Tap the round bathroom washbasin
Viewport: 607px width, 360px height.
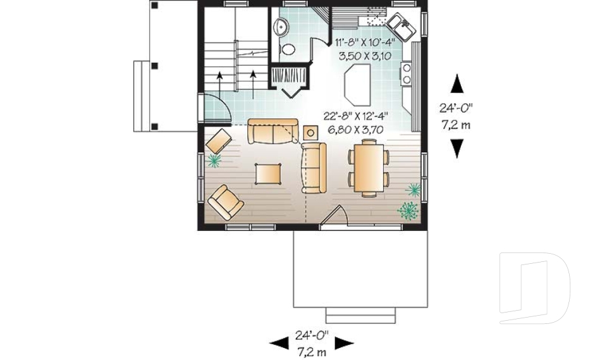(x=281, y=27)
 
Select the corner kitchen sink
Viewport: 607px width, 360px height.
(x=401, y=26)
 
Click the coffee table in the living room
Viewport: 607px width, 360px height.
(x=269, y=173)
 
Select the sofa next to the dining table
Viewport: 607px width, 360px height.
(x=313, y=167)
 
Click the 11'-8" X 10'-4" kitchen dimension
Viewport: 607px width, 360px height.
(x=365, y=43)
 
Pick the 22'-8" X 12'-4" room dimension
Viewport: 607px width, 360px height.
(x=355, y=116)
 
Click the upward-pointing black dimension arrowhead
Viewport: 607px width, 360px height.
(x=457, y=84)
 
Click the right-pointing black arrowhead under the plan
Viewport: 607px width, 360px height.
(x=344, y=343)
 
